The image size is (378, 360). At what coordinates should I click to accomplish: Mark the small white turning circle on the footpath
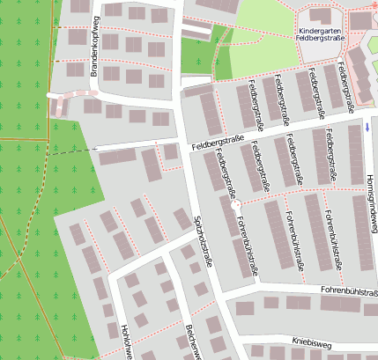tap(235, 204)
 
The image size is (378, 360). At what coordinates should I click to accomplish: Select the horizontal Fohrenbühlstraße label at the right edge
tap(349, 291)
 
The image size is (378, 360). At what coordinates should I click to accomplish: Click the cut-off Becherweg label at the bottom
tap(190, 343)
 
